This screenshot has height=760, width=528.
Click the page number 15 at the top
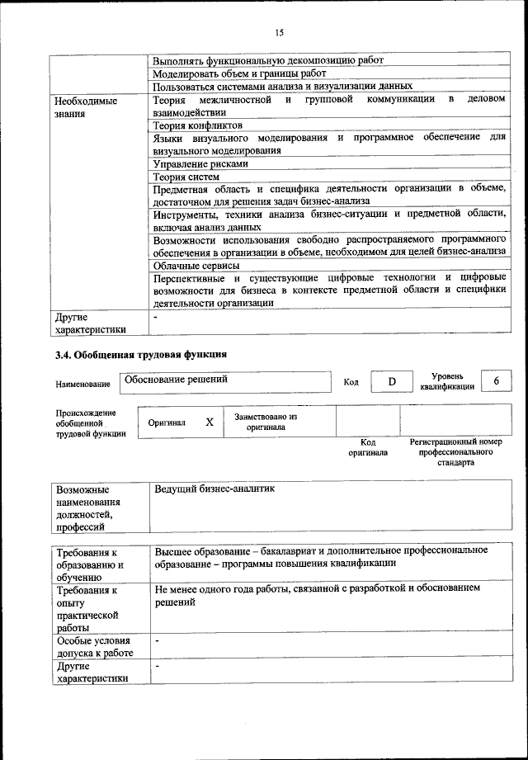coord(279,33)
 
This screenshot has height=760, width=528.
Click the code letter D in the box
coord(392,381)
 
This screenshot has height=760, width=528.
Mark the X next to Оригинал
coord(210,422)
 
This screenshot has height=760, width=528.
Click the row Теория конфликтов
coord(186,125)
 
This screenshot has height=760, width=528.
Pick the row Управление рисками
coord(189,163)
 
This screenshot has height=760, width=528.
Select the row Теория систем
coord(186,177)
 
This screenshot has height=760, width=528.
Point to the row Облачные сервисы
coord(196,266)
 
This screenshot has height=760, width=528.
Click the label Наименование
coord(82,385)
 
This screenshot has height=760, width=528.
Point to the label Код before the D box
coord(351,382)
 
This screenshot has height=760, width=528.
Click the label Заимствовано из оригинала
coord(266,422)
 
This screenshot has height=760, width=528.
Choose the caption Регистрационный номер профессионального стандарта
coord(455,452)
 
